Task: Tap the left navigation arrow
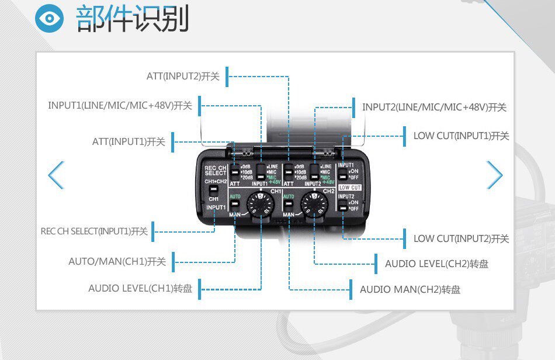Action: pos(56,175)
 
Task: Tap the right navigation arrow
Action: pos(494,175)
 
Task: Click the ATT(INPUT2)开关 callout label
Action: pos(183,77)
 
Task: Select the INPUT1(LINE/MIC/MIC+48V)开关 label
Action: pos(120,106)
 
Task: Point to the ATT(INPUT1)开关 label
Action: pos(129,141)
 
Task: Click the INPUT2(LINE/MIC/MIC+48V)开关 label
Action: pos(434,107)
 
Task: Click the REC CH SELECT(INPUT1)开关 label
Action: pos(94,231)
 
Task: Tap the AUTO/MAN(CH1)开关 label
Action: pos(117,261)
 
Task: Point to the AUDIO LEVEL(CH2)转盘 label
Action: pos(436,264)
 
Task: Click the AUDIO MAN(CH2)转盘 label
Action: pos(410,289)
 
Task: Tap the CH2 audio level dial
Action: pos(314,205)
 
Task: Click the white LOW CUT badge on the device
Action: pos(350,188)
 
